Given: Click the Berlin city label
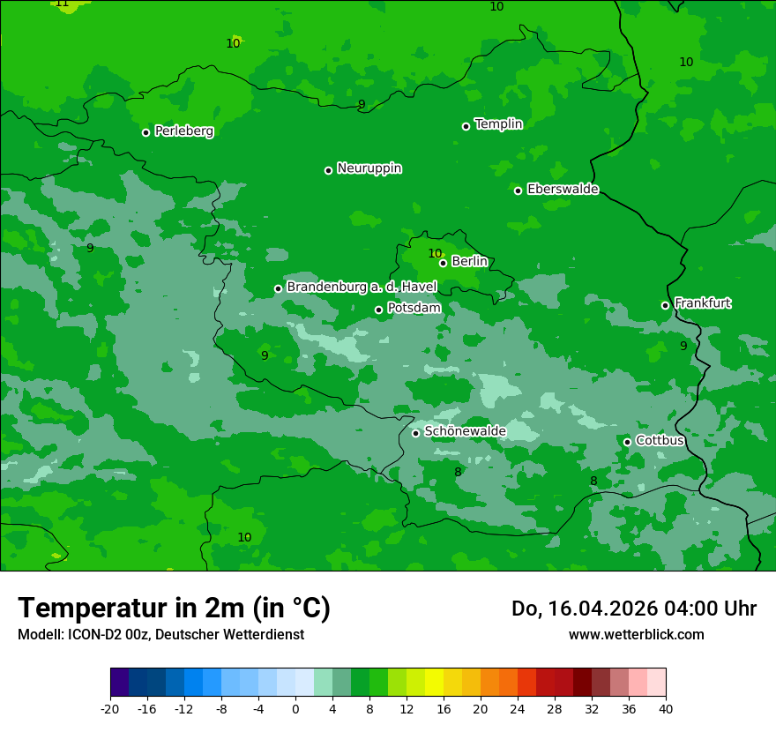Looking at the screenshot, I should (x=469, y=262).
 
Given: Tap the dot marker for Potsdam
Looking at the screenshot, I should (x=379, y=310).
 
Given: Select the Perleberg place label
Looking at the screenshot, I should (x=183, y=131).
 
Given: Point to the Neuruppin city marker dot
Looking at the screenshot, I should (x=328, y=170).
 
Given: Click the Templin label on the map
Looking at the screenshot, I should (x=498, y=124).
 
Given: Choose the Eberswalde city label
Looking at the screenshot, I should (x=563, y=190).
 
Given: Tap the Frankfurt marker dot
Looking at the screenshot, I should (x=666, y=305).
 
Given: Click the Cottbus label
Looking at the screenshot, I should (x=660, y=440).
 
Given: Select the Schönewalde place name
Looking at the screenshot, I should (x=465, y=431).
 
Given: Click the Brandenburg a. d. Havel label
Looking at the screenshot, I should (x=362, y=287).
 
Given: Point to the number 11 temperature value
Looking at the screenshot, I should (x=62, y=4).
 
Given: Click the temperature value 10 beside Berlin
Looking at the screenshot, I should (x=435, y=254).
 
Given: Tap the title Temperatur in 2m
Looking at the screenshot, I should (x=174, y=608).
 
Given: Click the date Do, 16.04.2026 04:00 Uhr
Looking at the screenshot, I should (x=633, y=609).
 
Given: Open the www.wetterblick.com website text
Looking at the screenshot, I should (x=636, y=634).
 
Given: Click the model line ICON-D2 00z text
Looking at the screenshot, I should (x=160, y=634).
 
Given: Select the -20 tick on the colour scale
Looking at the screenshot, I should (x=110, y=709).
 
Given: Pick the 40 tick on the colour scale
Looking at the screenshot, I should (x=665, y=709).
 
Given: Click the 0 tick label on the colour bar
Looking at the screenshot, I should (x=295, y=709).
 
